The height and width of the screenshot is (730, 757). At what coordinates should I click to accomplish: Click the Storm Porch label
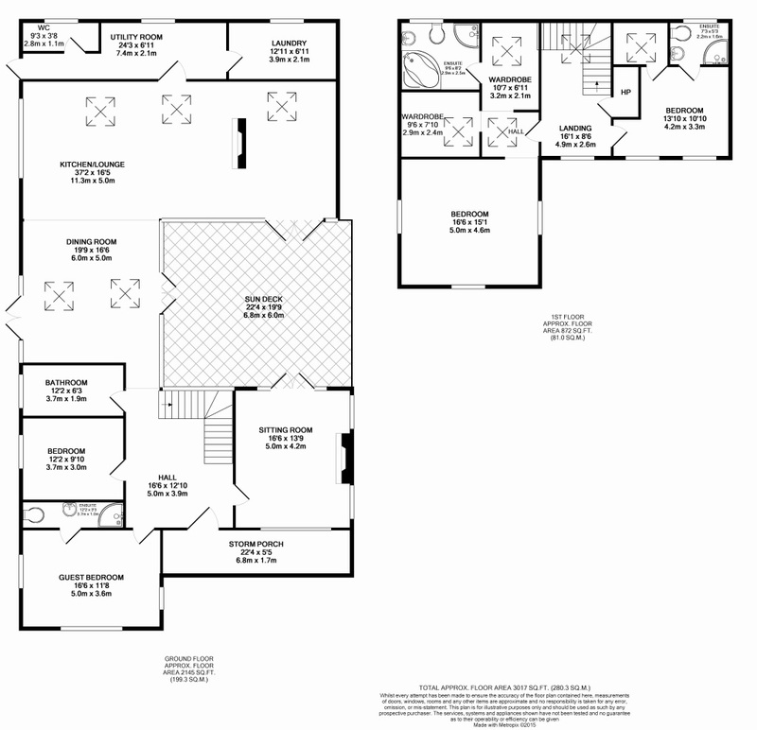[256, 544]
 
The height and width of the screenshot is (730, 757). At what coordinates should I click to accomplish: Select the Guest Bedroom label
[90, 577]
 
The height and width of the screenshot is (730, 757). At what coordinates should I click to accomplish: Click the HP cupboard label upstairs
[625, 92]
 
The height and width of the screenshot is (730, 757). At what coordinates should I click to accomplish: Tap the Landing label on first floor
[574, 128]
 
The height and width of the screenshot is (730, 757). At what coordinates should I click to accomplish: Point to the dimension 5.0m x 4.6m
[470, 229]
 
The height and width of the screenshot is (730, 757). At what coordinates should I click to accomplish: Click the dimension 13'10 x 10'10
[684, 117]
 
